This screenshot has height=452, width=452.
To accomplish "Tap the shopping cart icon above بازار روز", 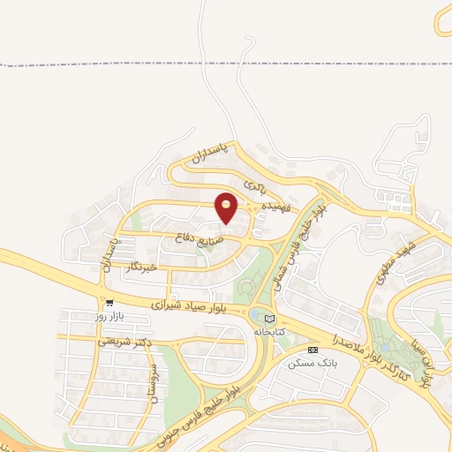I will [x=109, y=301].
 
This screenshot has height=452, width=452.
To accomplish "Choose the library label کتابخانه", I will [x=270, y=331].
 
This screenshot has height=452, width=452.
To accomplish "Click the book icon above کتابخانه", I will [x=269, y=318].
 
